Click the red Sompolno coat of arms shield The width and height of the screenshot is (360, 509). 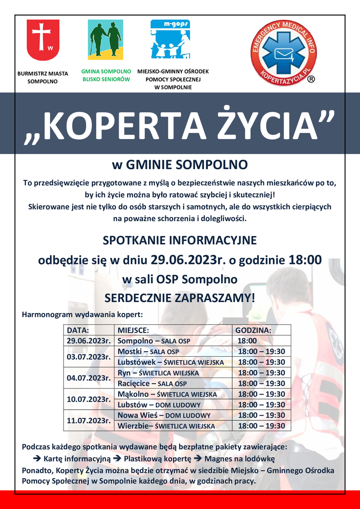43,40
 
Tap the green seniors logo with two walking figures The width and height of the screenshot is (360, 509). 106,40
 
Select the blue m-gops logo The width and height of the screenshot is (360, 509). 170,39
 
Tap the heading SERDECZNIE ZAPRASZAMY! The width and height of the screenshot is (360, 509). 180,298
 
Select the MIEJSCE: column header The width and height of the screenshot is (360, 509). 133,330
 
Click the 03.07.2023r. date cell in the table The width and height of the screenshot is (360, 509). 89,357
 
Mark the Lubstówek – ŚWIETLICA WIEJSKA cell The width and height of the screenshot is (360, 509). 171,362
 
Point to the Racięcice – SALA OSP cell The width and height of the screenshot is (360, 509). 152,384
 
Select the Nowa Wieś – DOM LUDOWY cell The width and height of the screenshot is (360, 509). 164,416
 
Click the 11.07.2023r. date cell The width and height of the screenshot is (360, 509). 89,420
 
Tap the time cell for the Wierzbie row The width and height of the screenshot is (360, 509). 262,426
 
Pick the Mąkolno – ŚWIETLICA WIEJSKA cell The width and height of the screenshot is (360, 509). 167,394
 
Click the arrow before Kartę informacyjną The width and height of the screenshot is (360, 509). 37,459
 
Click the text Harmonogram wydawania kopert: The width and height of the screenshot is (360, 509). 82,314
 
